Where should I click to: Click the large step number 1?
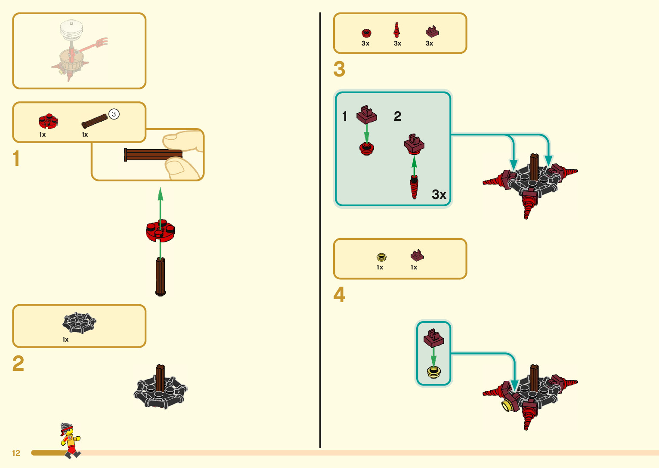(16, 158)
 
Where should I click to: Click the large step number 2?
(18, 364)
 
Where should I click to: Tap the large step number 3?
(339, 69)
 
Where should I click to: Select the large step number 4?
(339, 295)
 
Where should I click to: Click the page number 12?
(16, 453)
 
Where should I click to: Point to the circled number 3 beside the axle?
(114, 114)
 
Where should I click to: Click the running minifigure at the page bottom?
(70, 440)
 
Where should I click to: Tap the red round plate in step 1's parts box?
(48, 121)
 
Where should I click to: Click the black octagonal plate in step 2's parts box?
(79, 322)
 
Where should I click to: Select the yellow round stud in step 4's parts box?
(381, 257)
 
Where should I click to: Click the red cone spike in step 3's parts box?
(397, 30)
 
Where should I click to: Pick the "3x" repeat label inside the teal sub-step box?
(439, 195)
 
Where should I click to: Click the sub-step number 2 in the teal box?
(397, 116)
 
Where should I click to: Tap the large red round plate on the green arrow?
(160, 231)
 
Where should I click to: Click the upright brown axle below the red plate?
(161, 277)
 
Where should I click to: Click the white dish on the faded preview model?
(71, 28)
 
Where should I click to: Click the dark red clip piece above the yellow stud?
(434, 338)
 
